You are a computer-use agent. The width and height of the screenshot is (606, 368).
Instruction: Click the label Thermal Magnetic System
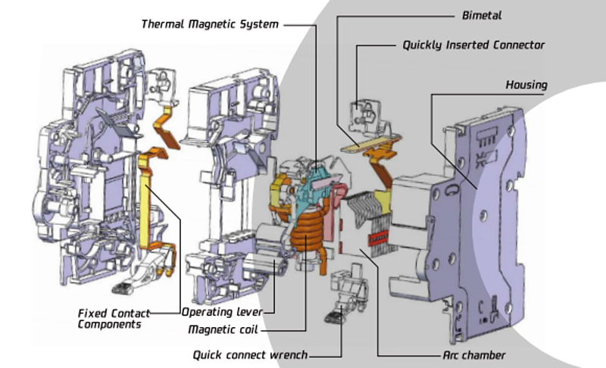coord(210,24)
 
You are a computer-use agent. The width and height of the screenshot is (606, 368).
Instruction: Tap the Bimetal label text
coord(482,14)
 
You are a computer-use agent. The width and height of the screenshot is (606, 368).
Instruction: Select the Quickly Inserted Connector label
coord(473,45)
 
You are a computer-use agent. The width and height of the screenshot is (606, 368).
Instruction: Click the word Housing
coord(526,85)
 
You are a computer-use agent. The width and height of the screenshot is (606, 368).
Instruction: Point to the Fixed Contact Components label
coord(114,318)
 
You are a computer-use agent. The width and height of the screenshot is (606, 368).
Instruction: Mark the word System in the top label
coord(258,24)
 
